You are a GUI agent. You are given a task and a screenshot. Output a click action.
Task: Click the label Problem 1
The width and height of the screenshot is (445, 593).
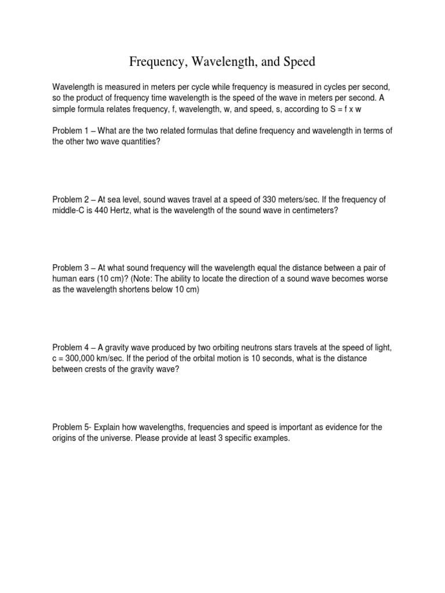tap(71, 131)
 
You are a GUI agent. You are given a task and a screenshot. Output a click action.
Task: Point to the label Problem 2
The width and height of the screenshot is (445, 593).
tap(71, 200)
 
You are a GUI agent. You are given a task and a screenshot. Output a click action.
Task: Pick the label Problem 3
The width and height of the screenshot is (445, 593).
tap(71, 268)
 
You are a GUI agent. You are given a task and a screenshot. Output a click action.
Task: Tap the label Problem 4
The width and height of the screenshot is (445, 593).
tap(71, 347)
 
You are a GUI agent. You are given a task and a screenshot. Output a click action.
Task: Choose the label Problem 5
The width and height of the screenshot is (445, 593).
tap(71, 427)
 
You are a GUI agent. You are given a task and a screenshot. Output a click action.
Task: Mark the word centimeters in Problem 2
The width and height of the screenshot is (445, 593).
tap(308, 211)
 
